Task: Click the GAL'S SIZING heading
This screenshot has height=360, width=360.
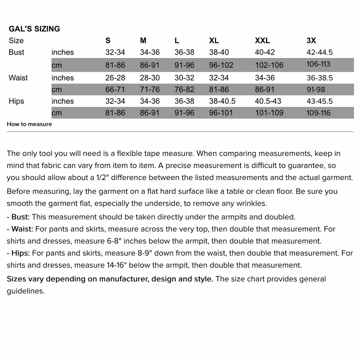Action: click(x=34, y=29)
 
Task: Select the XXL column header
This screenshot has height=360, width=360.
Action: click(x=262, y=41)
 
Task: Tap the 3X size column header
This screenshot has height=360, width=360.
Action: click(x=311, y=41)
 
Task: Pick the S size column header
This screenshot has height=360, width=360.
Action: click(x=108, y=41)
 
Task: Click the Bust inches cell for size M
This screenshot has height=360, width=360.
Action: click(x=150, y=52)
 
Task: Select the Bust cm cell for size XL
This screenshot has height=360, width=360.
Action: click(x=221, y=65)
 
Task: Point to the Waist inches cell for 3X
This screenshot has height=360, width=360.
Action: click(x=319, y=78)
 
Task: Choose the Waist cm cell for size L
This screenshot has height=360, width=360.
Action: click(x=184, y=90)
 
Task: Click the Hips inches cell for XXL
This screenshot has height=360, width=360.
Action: click(x=268, y=101)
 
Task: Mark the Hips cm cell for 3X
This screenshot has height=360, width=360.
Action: click(x=318, y=113)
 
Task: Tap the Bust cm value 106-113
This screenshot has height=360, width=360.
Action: click(x=318, y=64)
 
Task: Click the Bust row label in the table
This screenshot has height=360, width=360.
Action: click(x=16, y=52)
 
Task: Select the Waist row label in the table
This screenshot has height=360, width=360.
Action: click(x=18, y=78)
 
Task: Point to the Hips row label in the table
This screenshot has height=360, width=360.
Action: click(x=16, y=101)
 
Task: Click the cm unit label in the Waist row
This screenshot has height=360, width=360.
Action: click(x=57, y=90)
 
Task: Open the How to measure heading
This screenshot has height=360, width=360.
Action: click(x=29, y=124)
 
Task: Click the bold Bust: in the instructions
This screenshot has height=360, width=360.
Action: click(x=20, y=217)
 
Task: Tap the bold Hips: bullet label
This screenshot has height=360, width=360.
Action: click(x=20, y=253)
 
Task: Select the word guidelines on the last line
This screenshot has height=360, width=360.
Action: click(x=25, y=291)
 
